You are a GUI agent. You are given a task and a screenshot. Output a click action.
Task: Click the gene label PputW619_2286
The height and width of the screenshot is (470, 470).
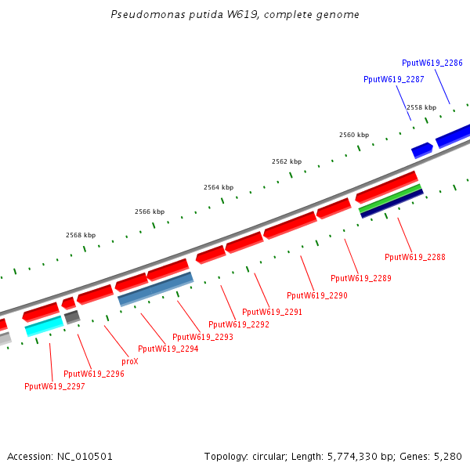click(x=432, y=63)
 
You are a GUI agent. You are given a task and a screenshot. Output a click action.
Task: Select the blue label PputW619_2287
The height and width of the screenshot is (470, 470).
click(x=393, y=79)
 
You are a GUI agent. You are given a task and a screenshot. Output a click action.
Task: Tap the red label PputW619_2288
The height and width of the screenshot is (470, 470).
click(x=414, y=257)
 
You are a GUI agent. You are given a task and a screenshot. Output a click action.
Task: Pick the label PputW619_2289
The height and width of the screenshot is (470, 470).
click(x=360, y=278)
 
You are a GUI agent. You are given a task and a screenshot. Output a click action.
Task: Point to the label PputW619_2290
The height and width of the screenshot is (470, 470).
click(x=316, y=295)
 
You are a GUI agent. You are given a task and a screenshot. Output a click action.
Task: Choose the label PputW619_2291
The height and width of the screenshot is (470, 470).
click(x=272, y=312)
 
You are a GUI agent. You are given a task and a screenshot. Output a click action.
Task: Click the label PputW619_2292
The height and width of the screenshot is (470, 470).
click(x=239, y=324)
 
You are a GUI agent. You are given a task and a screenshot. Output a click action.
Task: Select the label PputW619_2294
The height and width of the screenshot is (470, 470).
click(x=168, y=349)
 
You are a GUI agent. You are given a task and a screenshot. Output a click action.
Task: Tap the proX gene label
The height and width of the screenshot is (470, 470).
click(x=130, y=362)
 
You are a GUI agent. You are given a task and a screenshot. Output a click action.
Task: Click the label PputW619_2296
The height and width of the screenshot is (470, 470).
click(x=93, y=374)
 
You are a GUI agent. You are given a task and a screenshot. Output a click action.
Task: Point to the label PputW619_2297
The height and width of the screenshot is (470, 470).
click(x=54, y=386)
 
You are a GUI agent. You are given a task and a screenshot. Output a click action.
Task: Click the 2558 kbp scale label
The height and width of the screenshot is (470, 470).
click(x=421, y=107)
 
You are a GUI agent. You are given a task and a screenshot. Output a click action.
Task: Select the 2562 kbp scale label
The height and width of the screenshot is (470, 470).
click(x=287, y=161)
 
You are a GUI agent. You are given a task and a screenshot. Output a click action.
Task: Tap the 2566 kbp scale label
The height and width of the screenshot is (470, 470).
click(x=150, y=211)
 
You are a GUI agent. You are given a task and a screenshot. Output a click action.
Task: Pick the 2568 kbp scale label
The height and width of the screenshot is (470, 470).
click(x=81, y=235)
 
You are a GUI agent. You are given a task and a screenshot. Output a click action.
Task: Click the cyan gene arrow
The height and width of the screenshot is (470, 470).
click(x=44, y=326)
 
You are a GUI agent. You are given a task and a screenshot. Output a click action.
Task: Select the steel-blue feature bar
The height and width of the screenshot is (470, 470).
click(x=155, y=289)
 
